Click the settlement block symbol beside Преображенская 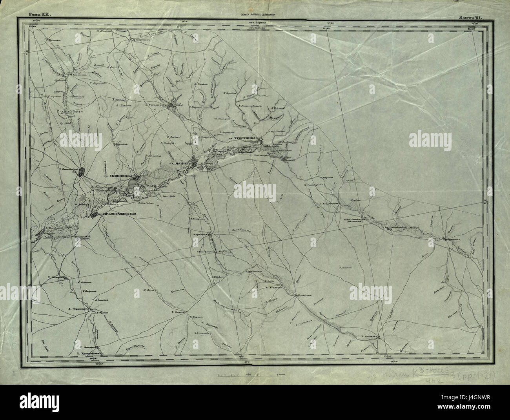pyautogui.click(x=95, y=215)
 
